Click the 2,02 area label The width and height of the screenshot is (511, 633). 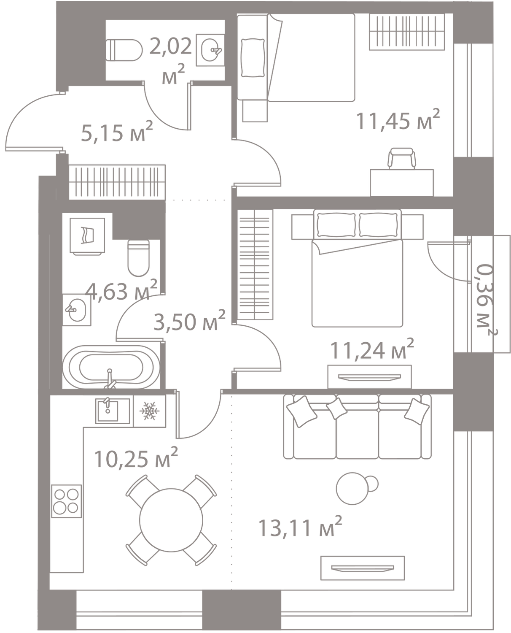point(171,47)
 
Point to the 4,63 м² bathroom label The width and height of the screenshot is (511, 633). point(121,290)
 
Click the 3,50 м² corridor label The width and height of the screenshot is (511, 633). point(190,322)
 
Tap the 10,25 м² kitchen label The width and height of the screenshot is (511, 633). point(136,458)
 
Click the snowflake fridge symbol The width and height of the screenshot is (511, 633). point(150,411)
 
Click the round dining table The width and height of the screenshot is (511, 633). point(171,520)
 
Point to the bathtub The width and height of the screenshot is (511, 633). point(111,367)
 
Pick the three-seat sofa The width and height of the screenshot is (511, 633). point(357,427)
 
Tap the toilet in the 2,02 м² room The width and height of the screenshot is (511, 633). point(124,50)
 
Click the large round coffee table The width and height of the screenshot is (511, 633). point(352,488)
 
